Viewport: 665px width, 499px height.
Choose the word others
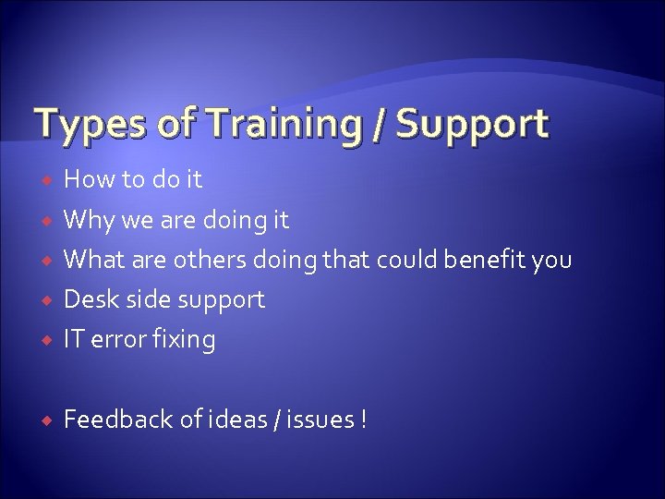coord(208,261)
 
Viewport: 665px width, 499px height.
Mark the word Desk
coord(90,299)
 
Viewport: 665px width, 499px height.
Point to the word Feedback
coord(117,420)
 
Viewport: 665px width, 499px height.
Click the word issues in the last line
coord(324,420)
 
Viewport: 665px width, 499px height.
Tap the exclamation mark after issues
coord(364,420)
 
